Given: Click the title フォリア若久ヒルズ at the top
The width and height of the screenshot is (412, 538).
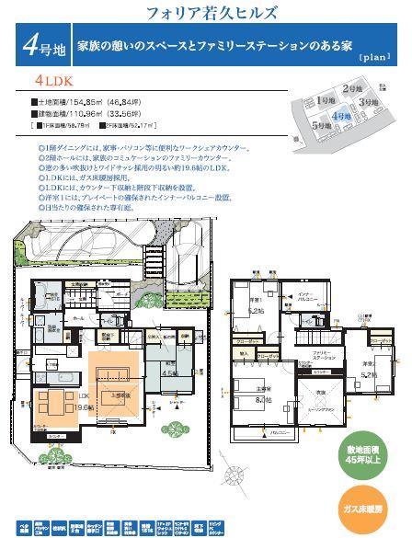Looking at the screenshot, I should [211, 14].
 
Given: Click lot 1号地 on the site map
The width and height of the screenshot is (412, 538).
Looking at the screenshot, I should [324, 100].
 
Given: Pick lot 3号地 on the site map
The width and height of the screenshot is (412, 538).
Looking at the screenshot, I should [370, 101].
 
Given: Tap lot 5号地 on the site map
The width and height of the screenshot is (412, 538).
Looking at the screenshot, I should [321, 125].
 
